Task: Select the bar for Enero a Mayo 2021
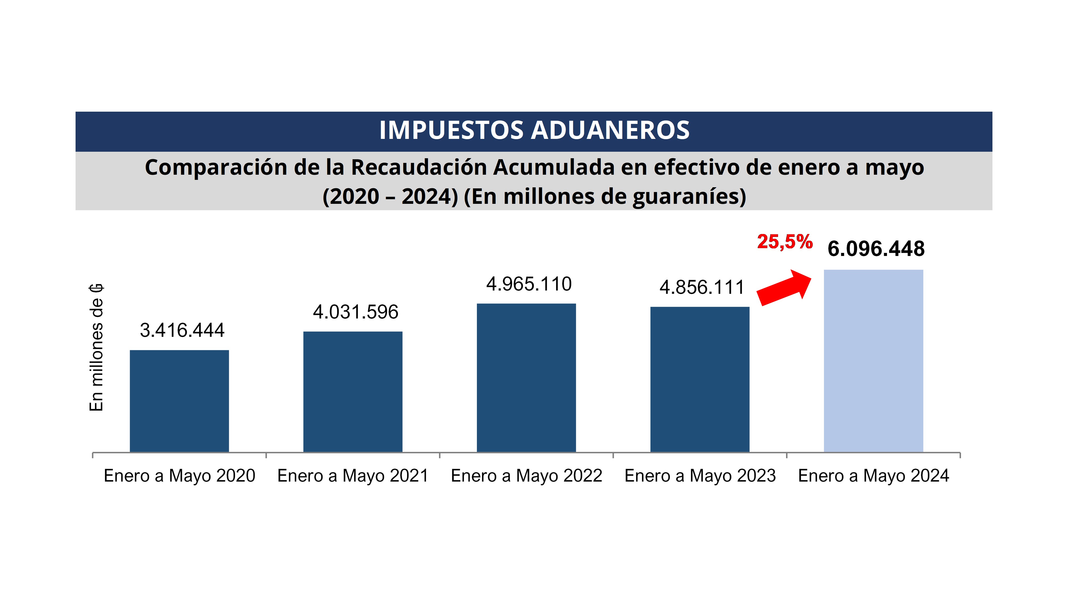tap(353, 392)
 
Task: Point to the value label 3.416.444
tap(182, 331)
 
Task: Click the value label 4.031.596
tap(355, 312)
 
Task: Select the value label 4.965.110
tap(529, 284)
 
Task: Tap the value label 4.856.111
tap(702, 287)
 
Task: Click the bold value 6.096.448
tap(876, 249)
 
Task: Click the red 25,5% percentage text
tap(784, 241)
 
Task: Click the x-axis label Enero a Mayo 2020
tap(179, 476)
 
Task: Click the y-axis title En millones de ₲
tap(96, 348)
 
